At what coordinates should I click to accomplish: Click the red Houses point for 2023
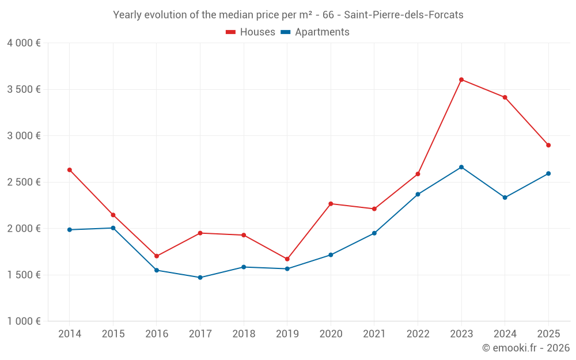(x=461, y=79)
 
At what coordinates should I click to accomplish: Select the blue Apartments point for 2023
(x=461, y=167)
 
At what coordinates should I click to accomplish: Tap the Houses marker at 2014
(x=70, y=170)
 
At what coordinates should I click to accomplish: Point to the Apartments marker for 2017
(x=200, y=278)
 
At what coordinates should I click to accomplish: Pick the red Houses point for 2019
(x=287, y=259)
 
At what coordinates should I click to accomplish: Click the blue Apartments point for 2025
(x=548, y=173)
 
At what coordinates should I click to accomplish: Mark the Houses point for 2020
(x=331, y=203)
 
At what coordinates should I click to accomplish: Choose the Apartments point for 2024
(x=505, y=198)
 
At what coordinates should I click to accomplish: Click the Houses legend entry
(x=251, y=32)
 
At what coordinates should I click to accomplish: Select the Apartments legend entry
(x=315, y=32)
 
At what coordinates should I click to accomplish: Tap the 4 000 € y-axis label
(x=24, y=43)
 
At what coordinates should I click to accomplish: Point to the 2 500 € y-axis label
(x=24, y=182)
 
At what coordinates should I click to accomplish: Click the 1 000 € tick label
(x=24, y=321)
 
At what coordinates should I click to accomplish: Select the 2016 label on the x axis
(x=157, y=334)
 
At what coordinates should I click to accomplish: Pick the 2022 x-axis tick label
(x=418, y=334)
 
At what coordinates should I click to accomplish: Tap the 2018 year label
(x=244, y=334)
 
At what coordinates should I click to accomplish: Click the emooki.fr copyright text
(x=525, y=348)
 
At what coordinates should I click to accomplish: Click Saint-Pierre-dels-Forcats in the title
(x=403, y=15)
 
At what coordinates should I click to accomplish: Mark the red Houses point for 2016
(x=157, y=256)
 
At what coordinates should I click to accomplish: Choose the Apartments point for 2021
(x=374, y=233)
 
